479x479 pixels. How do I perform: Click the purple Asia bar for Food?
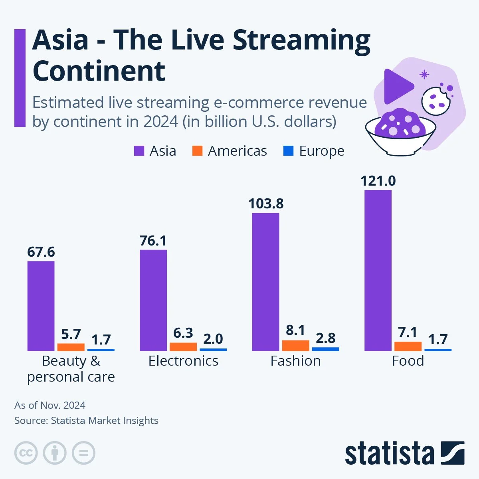pyautogui.click(x=378, y=270)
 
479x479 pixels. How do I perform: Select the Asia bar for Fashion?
pyautogui.click(x=265, y=282)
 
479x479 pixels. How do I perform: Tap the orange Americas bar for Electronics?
pyautogui.click(x=183, y=346)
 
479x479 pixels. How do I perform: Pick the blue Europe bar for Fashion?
pyautogui.click(x=325, y=349)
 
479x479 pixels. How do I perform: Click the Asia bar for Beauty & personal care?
pyautogui.click(x=41, y=306)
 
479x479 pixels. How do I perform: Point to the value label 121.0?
pyautogui.click(x=378, y=181)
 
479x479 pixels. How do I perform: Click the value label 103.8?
pyautogui.click(x=266, y=204)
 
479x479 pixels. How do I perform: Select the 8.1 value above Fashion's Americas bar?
pyautogui.click(x=295, y=330)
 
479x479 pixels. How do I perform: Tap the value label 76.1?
pyautogui.click(x=153, y=241)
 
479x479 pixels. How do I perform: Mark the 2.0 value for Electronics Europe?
pyautogui.click(x=213, y=339)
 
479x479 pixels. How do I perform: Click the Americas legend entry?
pyautogui.click(x=230, y=151)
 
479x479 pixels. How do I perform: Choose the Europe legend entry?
pyautogui.click(x=314, y=151)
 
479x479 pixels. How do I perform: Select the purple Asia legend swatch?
pyautogui.click(x=139, y=151)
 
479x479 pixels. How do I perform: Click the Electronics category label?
pyautogui.click(x=183, y=361)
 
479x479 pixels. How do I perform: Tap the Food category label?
pyautogui.click(x=408, y=361)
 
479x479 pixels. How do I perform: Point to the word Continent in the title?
pyautogui.click(x=99, y=71)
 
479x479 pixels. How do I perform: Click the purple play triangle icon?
pyautogui.click(x=397, y=86)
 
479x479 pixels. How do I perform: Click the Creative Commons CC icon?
pyautogui.click(x=26, y=453)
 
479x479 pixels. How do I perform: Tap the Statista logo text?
pyautogui.click(x=389, y=454)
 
